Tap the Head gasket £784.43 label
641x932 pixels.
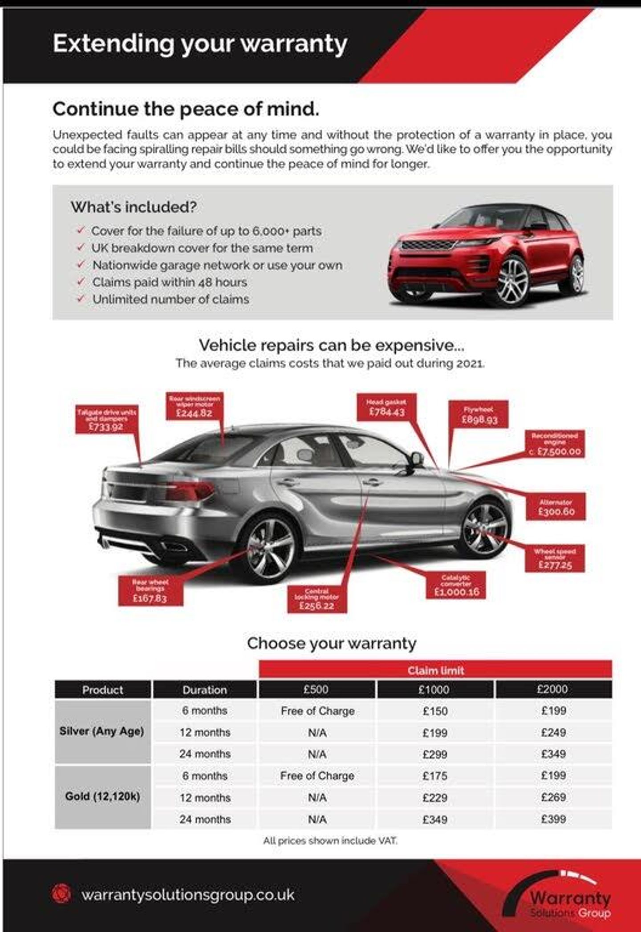pos(387,407)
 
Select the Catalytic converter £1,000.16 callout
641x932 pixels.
pos(456,585)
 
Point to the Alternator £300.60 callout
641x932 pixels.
pos(556,507)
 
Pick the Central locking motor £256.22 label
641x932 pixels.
pos(317,599)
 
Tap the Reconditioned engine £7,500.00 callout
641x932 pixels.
pos(555,444)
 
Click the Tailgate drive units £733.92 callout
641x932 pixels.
pos(106,419)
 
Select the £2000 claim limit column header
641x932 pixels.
pos(553,690)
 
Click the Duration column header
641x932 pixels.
pos(205,690)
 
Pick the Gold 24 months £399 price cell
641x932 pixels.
pos(553,819)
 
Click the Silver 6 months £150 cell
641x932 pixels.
pos(435,711)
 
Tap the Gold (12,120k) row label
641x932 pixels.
pos(102,797)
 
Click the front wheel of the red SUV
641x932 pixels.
pos(512,280)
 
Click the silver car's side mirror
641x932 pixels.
pos(417,458)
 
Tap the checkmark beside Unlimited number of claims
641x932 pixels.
pos(81,299)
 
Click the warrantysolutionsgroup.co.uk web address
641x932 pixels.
pos(187,895)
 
